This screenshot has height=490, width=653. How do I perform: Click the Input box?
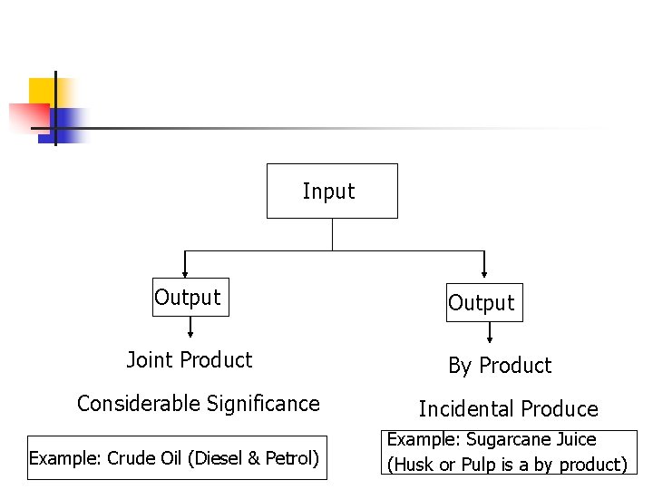[x=331, y=191]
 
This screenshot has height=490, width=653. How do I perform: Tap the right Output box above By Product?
[x=484, y=303]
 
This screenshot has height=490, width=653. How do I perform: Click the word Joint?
[x=150, y=360]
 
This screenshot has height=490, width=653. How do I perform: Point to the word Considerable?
[x=139, y=404]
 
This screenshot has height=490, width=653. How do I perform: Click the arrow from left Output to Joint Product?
[x=190, y=327]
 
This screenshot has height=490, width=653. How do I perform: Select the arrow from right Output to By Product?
[x=490, y=333]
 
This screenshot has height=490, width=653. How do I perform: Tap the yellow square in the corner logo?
[x=42, y=91]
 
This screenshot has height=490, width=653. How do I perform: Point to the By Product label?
[x=500, y=366]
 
